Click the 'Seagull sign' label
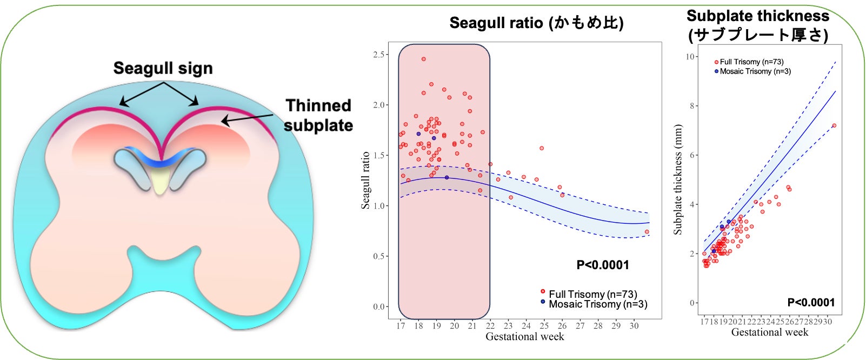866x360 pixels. pyautogui.click(x=163, y=69)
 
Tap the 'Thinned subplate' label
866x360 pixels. pyautogui.click(x=318, y=115)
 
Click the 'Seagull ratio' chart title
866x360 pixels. pyautogui.click(x=536, y=23)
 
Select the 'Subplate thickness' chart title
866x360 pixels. pyautogui.click(x=757, y=25)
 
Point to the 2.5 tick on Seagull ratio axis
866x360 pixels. pyautogui.click(x=379, y=55)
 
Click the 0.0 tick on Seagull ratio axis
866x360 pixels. pyautogui.click(x=379, y=306)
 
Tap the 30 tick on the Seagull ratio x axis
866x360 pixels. pyautogui.click(x=634, y=326)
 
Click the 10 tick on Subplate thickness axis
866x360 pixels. pyautogui.click(x=690, y=57)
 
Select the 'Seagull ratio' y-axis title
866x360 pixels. pyautogui.click(x=366, y=180)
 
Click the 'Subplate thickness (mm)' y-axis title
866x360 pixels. pyautogui.click(x=678, y=179)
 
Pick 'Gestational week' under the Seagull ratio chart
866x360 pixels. pyautogui.click(x=524, y=337)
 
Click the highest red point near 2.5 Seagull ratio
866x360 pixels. pyautogui.click(x=423, y=59)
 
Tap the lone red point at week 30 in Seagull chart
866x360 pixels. pyautogui.click(x=647, y=232)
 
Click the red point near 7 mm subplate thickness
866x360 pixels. pyautogui.click(x=834, y=125)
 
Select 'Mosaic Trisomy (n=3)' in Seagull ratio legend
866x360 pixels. pyautogui.click(x=597, y=304)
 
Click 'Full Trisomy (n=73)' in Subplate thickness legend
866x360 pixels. pyautogui.click(x=751, y=62)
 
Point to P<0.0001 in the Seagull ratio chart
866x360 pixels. pyautogui.click(x=603, y=265)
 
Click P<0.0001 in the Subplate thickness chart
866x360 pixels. pyautogui.click(x=811, y=303)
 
